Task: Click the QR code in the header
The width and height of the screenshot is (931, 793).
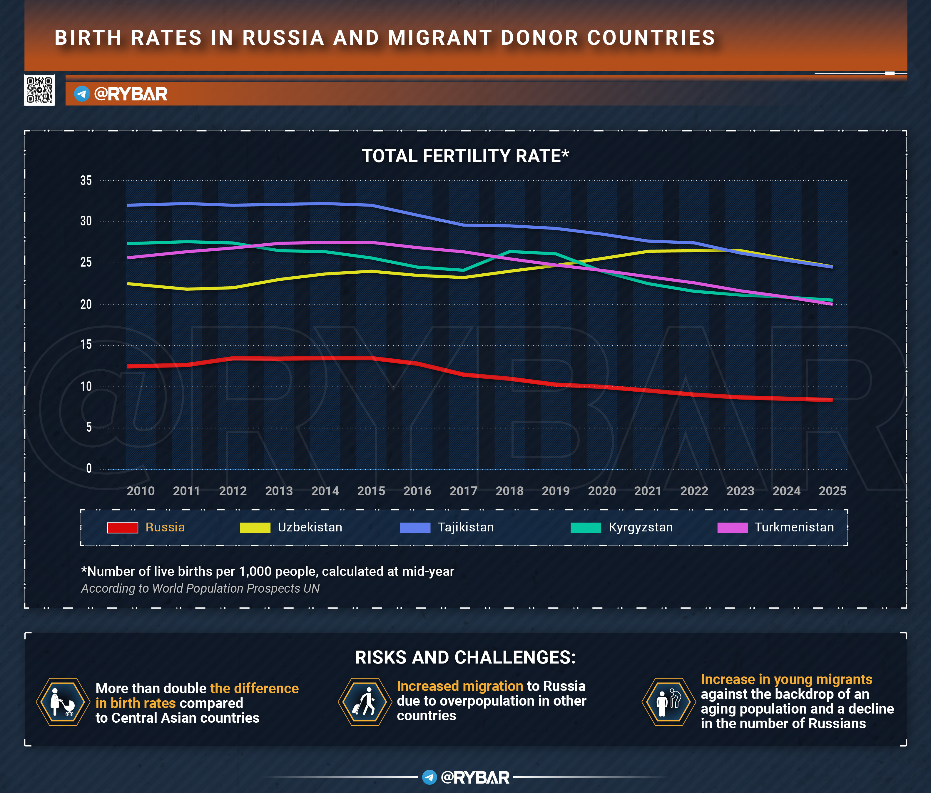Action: tap(39, 90)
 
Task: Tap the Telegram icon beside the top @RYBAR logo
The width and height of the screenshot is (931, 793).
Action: tap(82, 94)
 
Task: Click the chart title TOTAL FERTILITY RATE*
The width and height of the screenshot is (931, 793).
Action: tap(465, 156)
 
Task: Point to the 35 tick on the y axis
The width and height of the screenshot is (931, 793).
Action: tap(86, 181)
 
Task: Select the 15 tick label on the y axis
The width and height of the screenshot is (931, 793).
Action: tap(86, 345)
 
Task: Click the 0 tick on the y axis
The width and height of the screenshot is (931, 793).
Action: tap(88, 468)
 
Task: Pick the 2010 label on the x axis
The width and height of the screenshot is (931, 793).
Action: tap(141, 491)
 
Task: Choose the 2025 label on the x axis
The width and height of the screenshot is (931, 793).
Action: tap(832, 491)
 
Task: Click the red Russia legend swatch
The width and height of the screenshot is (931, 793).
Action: tap(123, 527)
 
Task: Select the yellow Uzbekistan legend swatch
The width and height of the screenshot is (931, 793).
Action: tap(255, 527)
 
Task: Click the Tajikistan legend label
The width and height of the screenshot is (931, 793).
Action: tap(466, 527)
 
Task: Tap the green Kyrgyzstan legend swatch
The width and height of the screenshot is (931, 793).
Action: tap(586, 527)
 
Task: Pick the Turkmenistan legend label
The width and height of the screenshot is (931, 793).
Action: tap(794, 527)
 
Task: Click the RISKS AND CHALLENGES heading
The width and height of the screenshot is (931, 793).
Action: tap(465, 657)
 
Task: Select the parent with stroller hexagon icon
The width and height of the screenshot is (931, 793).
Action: tap(62, 702)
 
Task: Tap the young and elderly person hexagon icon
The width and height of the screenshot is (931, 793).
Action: tap(668, 702)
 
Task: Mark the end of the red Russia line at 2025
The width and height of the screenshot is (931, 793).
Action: tap(832, 400)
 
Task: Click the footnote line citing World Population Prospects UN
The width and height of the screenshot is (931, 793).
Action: tap(200, 588)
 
